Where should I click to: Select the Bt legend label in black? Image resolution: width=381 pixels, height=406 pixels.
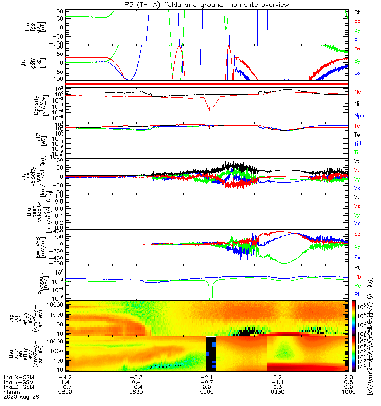(x=357, y=12)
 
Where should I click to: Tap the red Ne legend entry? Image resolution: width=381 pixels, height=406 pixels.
(x=358, y=92)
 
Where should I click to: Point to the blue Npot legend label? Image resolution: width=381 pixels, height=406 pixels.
(x=360, y=115)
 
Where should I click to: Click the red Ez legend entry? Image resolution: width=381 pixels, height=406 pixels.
(x=358, y=234)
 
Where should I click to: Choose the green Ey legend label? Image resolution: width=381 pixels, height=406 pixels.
(x=358, y=246)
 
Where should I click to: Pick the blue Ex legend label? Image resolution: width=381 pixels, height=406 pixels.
(x=358, y=257)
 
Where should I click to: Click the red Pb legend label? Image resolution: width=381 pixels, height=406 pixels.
(x=357, y=277)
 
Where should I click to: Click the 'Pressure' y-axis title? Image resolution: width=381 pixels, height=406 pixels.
(x=52, y=283)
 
